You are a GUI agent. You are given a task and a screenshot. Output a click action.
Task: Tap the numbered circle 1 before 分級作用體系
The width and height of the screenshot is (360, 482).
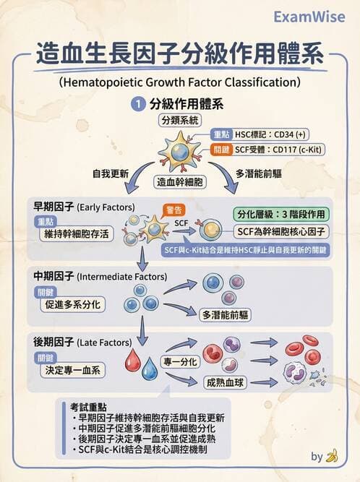click(x=136, y=105)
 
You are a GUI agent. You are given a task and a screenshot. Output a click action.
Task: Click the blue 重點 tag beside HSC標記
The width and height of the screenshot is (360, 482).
click(x=221, y=134)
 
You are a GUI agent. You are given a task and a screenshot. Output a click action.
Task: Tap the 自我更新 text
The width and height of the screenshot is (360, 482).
click(x=109, y=174)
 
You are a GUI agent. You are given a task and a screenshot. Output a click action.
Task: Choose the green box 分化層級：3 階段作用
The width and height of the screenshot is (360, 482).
click(x=283, y=214)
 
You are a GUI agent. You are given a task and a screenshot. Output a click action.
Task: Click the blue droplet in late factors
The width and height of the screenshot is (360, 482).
click(x=150, y=371)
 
